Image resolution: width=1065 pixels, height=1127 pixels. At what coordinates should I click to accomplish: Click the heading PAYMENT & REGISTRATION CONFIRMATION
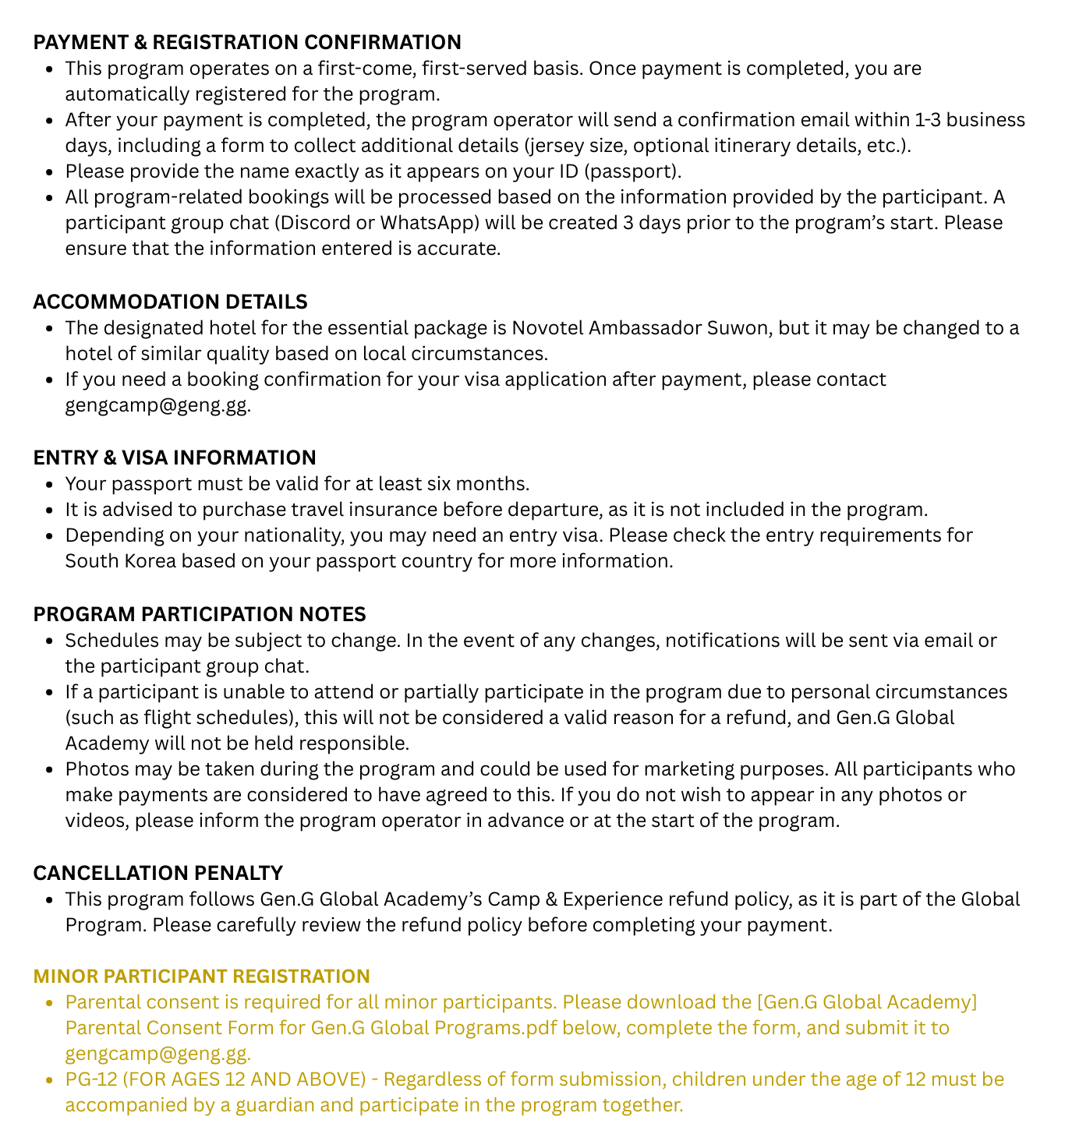click(x=247, y=42)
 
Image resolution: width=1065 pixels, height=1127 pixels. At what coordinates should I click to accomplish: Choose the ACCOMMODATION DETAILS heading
click(x=170, y=302)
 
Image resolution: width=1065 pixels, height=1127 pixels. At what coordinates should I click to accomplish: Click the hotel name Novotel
click(x=547, y=327)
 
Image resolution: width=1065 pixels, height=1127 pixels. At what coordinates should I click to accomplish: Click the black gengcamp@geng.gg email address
click(x=157, y=405)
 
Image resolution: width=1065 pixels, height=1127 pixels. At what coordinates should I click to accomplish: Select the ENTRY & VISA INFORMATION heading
click(x=175, y=458)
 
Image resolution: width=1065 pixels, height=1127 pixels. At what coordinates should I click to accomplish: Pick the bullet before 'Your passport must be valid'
click(x=49, y=484)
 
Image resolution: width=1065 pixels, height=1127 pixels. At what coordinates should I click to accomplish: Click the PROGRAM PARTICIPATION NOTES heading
click(x=200, y=614)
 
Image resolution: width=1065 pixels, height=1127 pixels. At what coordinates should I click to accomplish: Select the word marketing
click(x=638, y=769)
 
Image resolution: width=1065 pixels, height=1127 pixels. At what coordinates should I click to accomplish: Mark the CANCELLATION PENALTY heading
click(x=157, y=873)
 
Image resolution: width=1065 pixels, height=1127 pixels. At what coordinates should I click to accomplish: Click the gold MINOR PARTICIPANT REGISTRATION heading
click(x=201, y=977)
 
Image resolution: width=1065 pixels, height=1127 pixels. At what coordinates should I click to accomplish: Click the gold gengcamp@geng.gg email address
click(x=157, y=1054)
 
